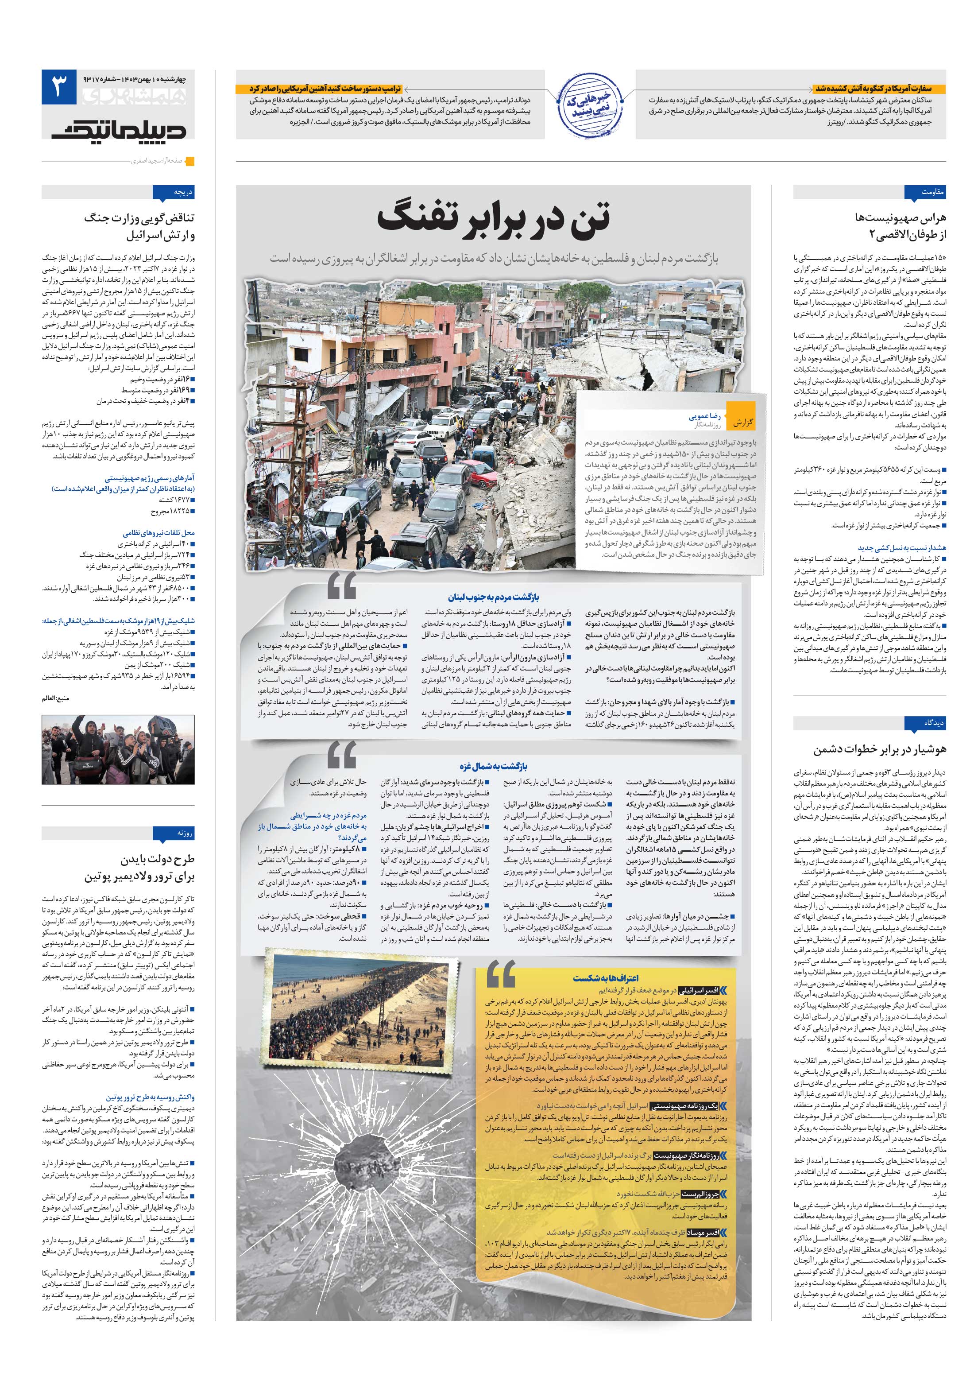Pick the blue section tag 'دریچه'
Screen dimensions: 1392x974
click(175, 192)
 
